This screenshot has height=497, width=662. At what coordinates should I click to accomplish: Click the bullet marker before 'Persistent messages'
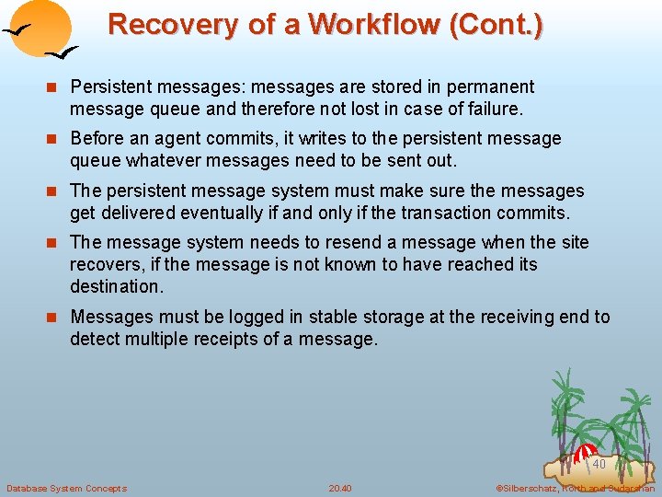pos(53,87)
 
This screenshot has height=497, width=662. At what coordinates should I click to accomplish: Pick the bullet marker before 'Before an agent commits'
pos(53,139)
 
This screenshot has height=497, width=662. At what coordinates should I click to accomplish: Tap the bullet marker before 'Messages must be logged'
pos(53,318)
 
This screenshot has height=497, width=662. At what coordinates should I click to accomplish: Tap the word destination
pos(114,286)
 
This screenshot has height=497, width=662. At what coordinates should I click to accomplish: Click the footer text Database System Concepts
pos(66,488)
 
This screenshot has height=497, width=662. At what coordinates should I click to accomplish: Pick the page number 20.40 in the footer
pos(340,488)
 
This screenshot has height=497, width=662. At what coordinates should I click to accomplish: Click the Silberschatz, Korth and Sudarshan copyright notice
pos(574,488)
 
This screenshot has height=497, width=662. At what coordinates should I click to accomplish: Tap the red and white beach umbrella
pos(586,454)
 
